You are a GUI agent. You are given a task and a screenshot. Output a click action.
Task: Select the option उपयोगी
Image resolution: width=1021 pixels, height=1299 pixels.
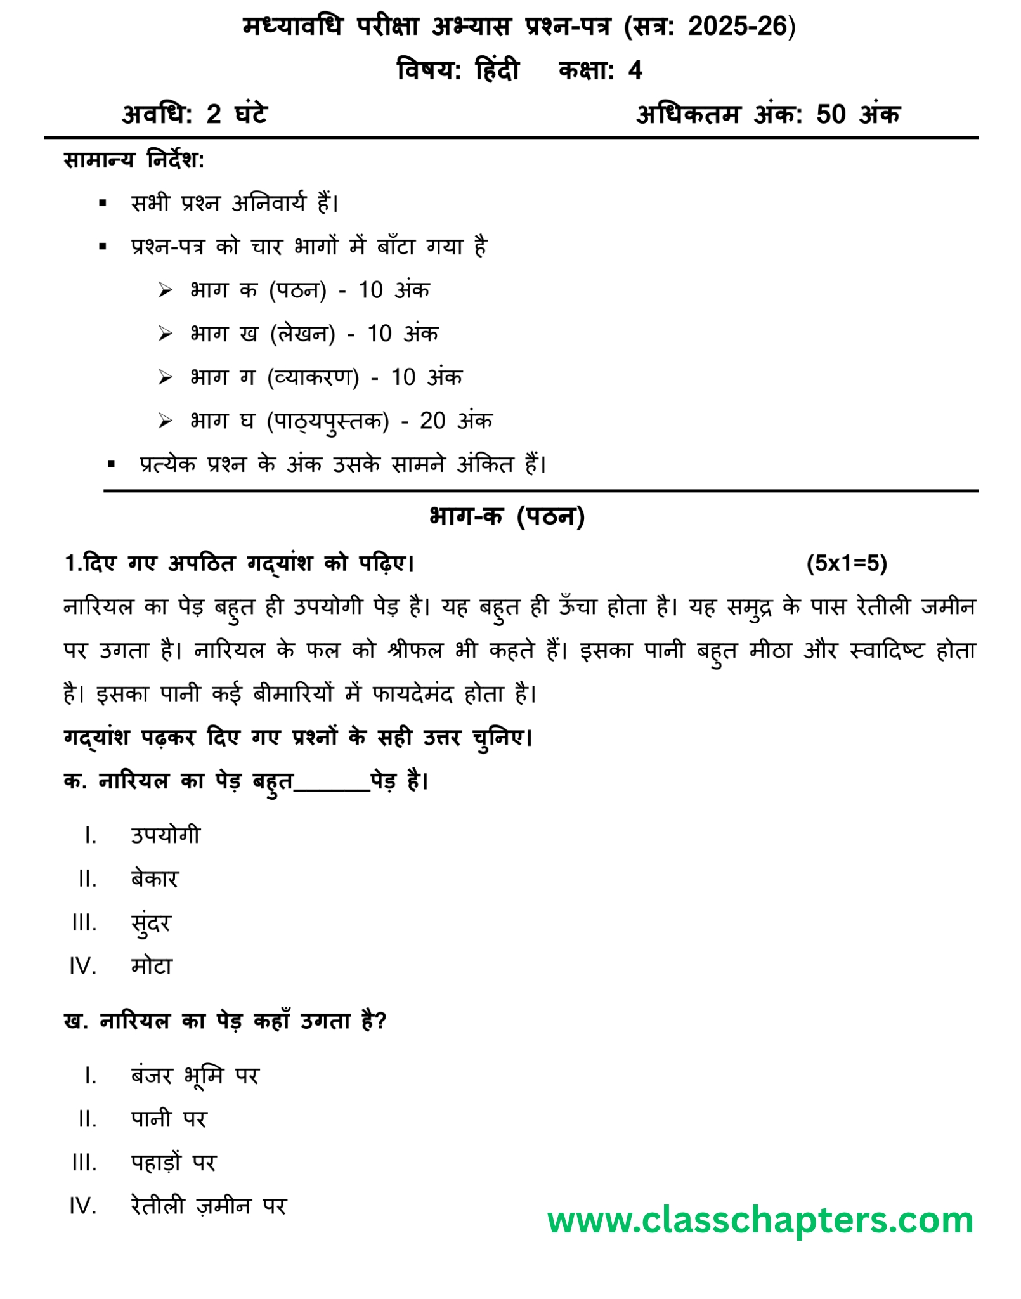(165, 835)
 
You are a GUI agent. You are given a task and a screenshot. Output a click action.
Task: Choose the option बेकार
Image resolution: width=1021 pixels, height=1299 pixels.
(154, 879)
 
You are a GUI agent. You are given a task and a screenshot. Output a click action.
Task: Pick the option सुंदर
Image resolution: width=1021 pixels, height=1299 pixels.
(151, 923)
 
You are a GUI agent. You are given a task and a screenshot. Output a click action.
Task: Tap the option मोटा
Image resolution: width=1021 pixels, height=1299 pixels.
(152, 966)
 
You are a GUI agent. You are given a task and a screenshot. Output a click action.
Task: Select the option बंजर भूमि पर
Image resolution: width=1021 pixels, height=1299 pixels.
(195, 1076)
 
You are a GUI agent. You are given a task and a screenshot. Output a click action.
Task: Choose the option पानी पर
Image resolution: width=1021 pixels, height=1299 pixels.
(169, 1119)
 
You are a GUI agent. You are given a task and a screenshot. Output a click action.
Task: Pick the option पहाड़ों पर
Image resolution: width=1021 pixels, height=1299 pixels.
(173, 1163)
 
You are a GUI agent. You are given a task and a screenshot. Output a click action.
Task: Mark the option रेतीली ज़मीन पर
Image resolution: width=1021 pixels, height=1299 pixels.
(209, 1206)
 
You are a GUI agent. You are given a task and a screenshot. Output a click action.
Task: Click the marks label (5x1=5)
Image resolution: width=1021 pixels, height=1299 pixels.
(846, 563)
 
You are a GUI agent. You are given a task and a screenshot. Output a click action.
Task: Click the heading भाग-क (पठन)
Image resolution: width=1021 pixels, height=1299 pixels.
(507, 517)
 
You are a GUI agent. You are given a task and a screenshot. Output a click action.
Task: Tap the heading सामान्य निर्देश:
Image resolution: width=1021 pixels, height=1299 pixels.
(134, 160)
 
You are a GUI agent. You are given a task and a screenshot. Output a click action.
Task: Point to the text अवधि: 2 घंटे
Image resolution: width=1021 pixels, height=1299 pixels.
(195, 115)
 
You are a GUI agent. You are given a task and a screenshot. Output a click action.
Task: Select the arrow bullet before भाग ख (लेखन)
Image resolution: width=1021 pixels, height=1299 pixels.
(166, 334)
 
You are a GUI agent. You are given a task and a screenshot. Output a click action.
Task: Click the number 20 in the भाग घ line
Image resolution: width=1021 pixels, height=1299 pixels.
(432, 421)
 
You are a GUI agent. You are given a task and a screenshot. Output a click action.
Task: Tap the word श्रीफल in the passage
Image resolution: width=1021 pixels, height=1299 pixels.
(415, 650)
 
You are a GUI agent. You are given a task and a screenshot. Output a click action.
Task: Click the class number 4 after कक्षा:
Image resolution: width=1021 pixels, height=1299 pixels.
(635, 70)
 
